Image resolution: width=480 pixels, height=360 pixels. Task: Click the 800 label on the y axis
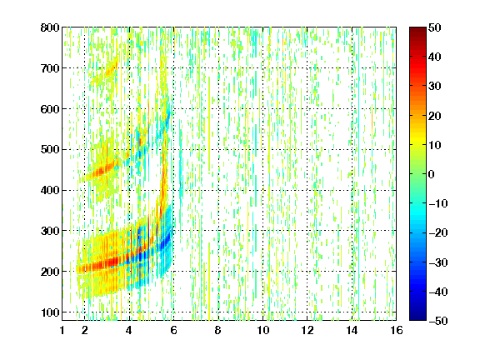(50, 27)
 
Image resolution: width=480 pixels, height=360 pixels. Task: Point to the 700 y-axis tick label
(50, 68)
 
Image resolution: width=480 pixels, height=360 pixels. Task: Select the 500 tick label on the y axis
(50, 149)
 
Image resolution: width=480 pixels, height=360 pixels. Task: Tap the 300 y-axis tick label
(50, 231)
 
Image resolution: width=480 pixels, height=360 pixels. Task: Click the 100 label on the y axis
(50, 312)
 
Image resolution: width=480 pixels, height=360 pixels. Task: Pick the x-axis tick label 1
(62, 330)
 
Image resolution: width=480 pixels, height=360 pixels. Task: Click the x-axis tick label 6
(173, 330)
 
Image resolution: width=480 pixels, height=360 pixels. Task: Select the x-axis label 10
(262, 330)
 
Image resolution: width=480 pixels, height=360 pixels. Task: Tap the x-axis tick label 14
(352, 330)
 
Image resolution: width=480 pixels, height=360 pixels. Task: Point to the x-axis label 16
(397, 330)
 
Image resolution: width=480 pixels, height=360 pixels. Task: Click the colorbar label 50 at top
(435, 27)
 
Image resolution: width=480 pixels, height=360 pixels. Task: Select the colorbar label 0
(432, 174)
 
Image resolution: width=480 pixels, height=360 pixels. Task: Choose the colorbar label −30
(438, 262)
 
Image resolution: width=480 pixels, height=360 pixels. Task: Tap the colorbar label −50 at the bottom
(438, 321)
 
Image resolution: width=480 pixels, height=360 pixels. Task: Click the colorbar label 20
(435, 116)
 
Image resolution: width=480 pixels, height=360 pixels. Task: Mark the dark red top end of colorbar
(417, 29)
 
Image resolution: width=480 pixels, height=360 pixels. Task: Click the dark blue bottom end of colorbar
(417, 318)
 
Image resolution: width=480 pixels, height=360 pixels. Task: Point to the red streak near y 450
(103, 169)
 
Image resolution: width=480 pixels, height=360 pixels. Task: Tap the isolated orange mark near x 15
(372, 122)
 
